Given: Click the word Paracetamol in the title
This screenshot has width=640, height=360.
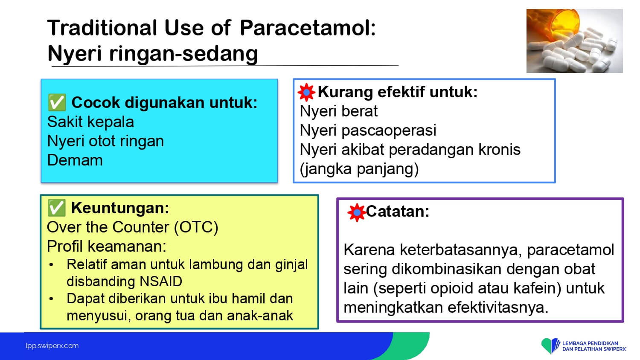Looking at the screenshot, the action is (308, 28).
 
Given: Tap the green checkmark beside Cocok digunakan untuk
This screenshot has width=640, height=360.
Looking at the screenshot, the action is (57, 102).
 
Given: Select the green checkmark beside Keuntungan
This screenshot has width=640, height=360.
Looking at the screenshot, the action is (57, 208).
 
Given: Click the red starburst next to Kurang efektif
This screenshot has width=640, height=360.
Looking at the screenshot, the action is (306, 92).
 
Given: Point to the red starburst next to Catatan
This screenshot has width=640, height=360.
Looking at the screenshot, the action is (357, 212).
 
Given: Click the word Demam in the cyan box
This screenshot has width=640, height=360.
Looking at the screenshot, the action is (75, 160).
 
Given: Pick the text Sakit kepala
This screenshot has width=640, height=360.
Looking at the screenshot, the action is (90, 122).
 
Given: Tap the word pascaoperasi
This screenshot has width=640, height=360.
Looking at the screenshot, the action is (389, 131).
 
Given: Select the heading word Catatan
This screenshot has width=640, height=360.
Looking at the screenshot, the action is (398, 212).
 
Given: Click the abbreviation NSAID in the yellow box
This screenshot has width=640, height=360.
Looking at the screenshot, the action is (157, 282).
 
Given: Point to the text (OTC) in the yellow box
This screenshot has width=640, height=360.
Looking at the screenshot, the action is (196, 227).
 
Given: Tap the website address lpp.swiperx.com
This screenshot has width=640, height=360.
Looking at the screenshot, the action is (52, 346).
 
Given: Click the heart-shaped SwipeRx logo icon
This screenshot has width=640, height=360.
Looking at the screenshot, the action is (550, 345).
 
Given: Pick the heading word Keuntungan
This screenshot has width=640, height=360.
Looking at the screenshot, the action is (120, 208).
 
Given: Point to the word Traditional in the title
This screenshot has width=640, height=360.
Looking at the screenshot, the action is (102, 28).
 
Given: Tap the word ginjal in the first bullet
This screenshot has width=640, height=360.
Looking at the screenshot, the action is (291, 265).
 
